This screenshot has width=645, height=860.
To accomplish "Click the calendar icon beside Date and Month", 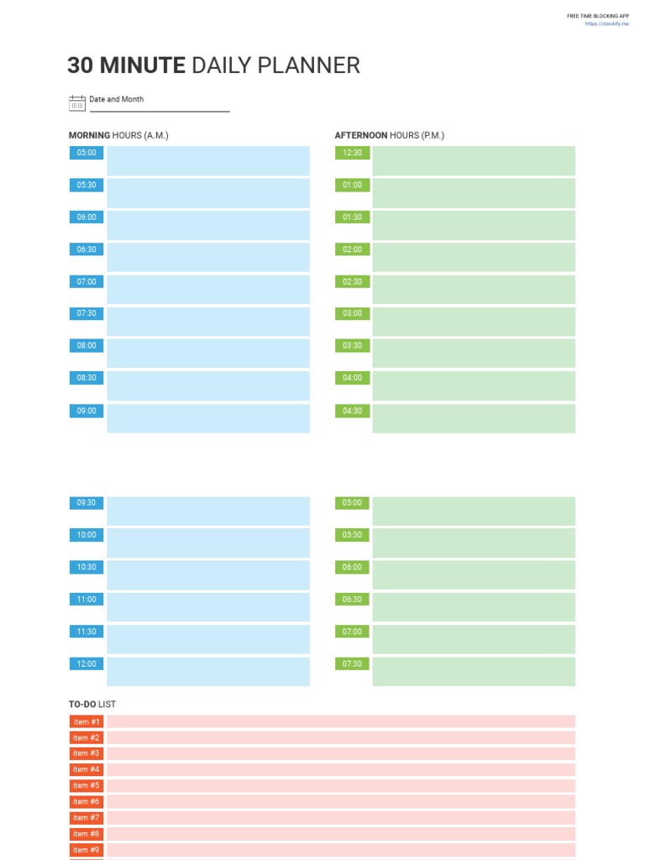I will click(x=77, y=103).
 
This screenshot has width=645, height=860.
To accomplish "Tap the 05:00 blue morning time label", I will click(x=87, y=153).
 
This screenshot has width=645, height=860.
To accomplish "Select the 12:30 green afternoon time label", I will click(x=352, y=153).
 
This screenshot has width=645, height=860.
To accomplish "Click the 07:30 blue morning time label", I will click(x=87, y=313).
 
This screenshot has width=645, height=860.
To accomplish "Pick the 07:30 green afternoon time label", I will click(x=352, y=663).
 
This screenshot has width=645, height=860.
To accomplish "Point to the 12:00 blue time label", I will click(x=87, y=663).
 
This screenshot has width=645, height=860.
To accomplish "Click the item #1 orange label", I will click(x=87, y=721).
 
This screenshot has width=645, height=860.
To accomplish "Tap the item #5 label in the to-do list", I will click(x=87, y=785).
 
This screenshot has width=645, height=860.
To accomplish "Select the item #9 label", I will click(x=87, y=850).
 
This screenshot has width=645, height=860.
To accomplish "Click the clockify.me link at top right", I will click(x=606, y=24).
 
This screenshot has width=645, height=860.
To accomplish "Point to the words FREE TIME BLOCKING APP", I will click(x=597, y=16).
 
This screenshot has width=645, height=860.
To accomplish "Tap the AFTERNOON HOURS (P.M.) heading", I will click(x=390, y=135).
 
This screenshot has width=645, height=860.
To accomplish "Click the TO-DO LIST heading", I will click(x=92, y=704).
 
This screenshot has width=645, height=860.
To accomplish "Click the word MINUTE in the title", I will click(x=143, y=66).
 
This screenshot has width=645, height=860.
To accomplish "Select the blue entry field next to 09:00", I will click(x=207, y=418).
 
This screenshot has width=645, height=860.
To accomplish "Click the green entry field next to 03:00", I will click(x=474, y=322).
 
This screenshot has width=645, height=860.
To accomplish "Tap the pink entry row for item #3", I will click(x=340, y=753).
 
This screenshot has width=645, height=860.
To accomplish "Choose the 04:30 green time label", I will click(x=352, y=411).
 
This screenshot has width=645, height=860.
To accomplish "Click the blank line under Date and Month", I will click(x=160, y=110).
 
